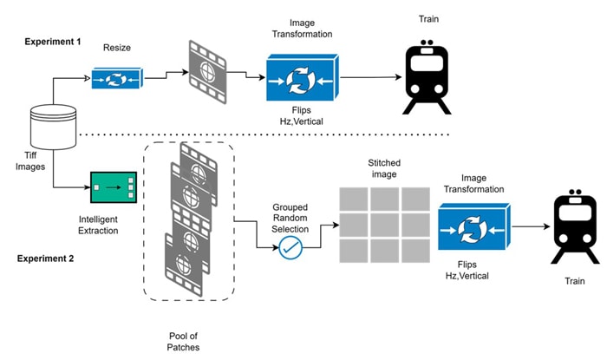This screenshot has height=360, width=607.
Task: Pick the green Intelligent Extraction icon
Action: (x=114, y=187)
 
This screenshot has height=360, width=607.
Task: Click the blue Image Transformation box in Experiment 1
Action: (x=302, y=79)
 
